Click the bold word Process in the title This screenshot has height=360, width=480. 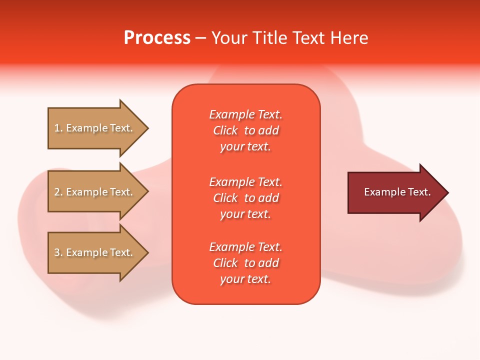pyautogui.click(x=157, y=38)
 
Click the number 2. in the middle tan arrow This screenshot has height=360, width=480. pyautogui.click(x=58, y=192)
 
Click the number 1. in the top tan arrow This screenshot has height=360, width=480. pyautogui.click(x=58, y=128)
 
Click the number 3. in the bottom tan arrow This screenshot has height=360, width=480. pyautogui.click(x=58, y=252)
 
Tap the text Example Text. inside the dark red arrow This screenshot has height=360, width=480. pyautogui.click(x=397, y=192)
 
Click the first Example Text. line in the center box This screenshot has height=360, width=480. pyautogui.click(x=245, y=114)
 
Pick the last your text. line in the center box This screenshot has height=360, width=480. pyautogui.click(x=245, y=279)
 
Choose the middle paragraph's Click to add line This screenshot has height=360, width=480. pyautogui.click(x=245, y=198)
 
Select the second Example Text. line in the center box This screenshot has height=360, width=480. pyautogui.click(x=245, y=182)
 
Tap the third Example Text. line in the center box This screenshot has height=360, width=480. pyautogui.click(x=245, y=247)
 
